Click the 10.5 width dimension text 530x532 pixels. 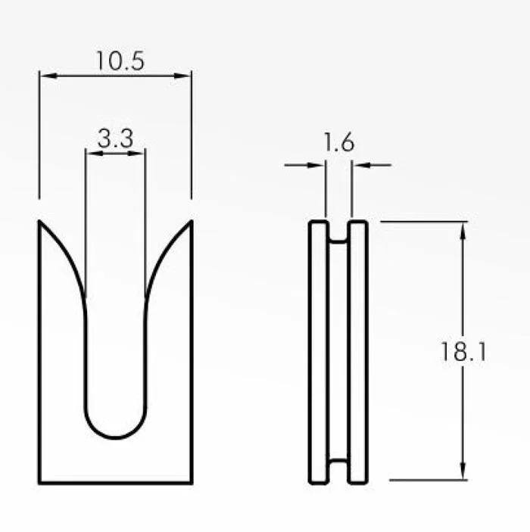coord(120,61)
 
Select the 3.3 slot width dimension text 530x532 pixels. coord(115,138)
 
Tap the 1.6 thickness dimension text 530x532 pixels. coord(339,142)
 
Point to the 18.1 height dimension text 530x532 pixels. coord(463,351)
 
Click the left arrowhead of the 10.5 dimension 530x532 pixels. coord(48,76)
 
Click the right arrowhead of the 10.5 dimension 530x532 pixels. coord(182,76)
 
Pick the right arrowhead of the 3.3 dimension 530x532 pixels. coord(136,153)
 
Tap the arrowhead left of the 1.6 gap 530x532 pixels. coord(316,165)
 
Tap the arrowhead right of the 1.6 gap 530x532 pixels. coord(360,165)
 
